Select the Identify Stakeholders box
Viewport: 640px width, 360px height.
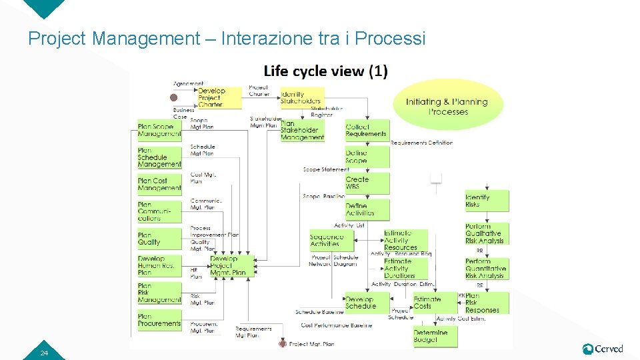click(301, 97)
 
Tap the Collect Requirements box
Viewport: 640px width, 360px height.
click(367, 130)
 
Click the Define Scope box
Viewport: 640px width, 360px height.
click(367, 157)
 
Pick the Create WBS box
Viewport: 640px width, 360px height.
click(367, 183)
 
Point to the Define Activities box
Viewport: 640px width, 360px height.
click(367, 210)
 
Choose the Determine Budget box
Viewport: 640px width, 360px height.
click(435, 337)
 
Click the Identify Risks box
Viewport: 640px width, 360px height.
click(487, 201)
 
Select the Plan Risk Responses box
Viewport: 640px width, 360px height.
click(487, 303)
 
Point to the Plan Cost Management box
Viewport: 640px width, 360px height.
click(159, 184)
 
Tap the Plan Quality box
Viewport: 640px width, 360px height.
click(159, 239)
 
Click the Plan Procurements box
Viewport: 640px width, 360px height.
click(159, 320)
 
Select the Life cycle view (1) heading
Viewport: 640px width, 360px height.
click(325, 71)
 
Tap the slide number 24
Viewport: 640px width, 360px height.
click(44, 353)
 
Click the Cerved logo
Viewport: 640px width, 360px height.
click(603, 349)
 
